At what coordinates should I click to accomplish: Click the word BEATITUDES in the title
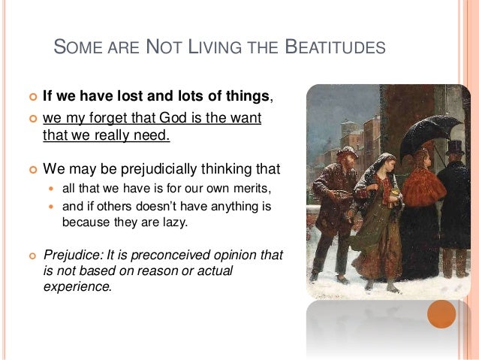click(338, 50)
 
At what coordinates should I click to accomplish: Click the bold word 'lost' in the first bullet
click(131, 95)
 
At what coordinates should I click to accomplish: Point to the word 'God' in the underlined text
click(168, 119)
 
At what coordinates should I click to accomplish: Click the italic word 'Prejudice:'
click(72, 255)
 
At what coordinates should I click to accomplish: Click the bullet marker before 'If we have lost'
click(31, 96)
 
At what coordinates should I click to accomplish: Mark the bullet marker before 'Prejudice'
click(31, 256)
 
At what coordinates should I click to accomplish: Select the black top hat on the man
click(454, 147)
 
